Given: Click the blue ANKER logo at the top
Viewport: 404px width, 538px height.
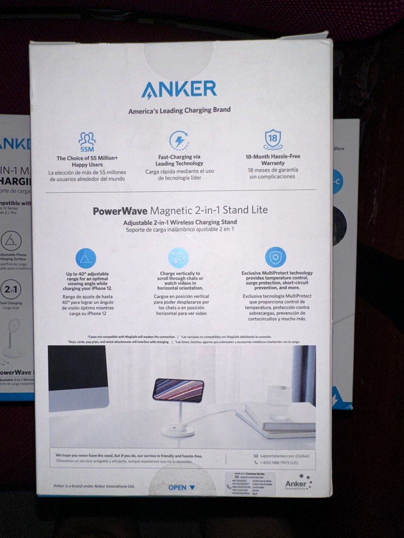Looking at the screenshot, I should (179, 90).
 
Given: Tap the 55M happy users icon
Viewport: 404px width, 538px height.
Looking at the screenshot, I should (87, 141).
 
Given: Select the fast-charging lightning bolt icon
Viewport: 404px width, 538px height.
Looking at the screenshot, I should (179, 140).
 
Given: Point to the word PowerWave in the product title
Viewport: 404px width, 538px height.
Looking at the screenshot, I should (120, 210).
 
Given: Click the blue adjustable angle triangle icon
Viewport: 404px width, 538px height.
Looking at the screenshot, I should (86, 258).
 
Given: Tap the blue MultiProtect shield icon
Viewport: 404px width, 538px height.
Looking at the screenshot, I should (275, 257).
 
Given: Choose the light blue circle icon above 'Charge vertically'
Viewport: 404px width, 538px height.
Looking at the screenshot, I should (179, 258).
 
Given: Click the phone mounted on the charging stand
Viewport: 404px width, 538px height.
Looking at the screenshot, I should (178, 390).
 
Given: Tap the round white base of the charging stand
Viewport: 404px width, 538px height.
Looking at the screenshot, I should (178, 429).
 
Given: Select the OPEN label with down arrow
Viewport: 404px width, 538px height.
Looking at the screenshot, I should (182, 488).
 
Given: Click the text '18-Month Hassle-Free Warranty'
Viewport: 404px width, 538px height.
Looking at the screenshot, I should (272, 159).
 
